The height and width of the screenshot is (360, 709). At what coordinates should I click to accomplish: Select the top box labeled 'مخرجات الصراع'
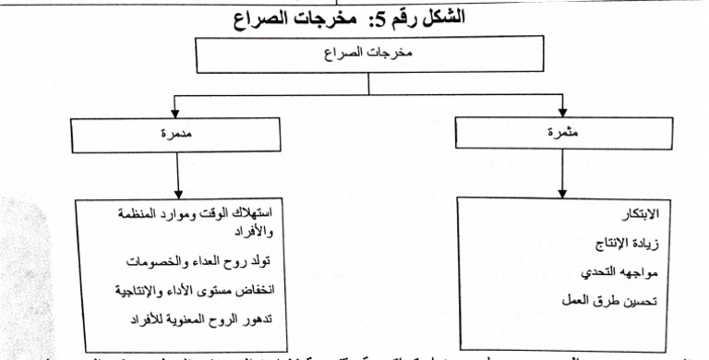point(368,54)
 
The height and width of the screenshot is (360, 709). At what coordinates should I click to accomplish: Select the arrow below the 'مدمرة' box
point(174,175)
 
